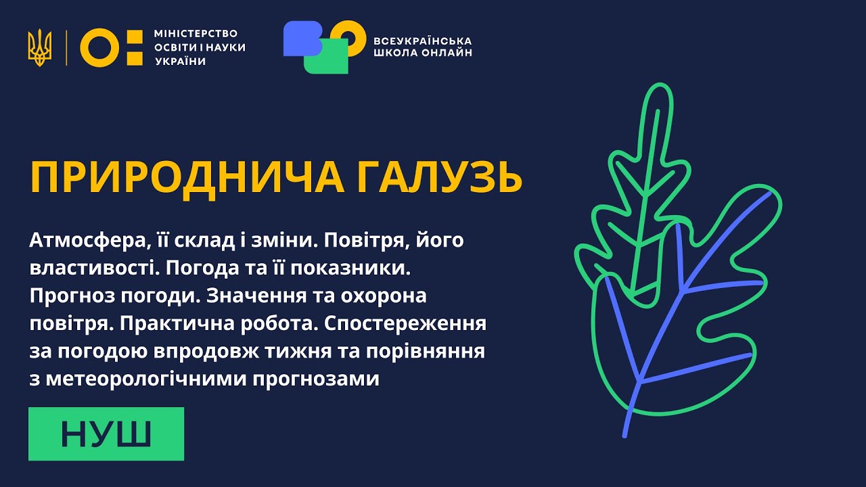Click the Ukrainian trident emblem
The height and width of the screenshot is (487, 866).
(x=39, y=47)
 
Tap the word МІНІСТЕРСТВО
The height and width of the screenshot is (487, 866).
(x=196, y=33)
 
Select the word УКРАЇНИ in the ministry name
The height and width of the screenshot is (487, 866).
(x=180, y=62)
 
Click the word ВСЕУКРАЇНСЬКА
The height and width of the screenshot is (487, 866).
(x=423, y=41)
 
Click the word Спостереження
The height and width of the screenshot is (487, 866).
(x=405, y=323)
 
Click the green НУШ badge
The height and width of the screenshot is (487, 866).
(x=106, y=434)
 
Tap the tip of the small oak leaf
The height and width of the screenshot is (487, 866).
(x=656, y=86)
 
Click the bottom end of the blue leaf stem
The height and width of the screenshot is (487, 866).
(x=626, y=435)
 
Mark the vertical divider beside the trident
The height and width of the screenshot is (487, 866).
(x=66, y=47)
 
